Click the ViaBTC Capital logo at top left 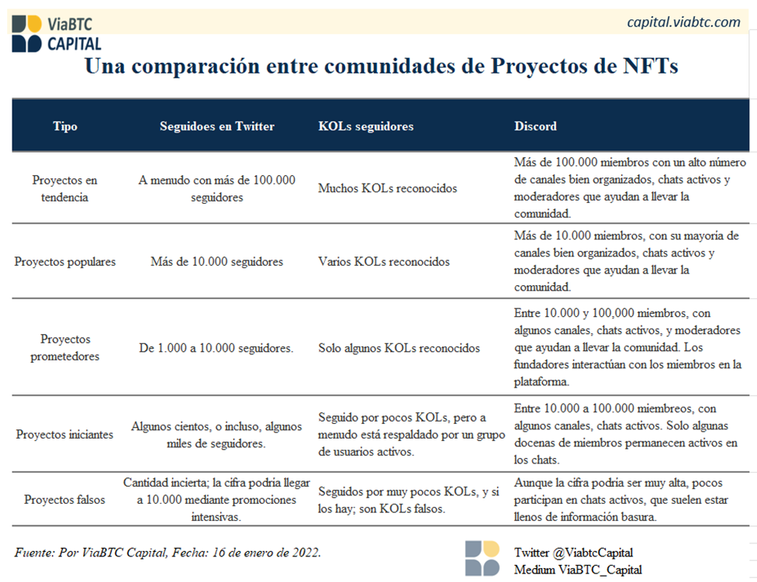tap(57, 33)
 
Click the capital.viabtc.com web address tap(683, 22)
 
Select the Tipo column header tap(65, 126)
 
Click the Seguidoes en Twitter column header tap(216, 126)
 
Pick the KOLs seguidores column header tap(365, 126)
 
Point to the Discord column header tap(535, 126)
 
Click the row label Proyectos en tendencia tap(64, 188)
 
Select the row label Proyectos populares tap(64, 262)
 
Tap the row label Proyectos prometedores tap(64, 348)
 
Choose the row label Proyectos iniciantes tap(64, 435)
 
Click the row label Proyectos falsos tap(64, 500)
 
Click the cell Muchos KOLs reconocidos tap(387, 188)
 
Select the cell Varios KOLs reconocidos tap(384, 262)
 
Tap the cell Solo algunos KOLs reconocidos tap(399, 348)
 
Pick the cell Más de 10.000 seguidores tap(216, 262)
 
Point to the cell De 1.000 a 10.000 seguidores tap(216, 348)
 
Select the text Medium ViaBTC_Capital tap(578, 570)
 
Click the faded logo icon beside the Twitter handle tap(482, 559)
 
